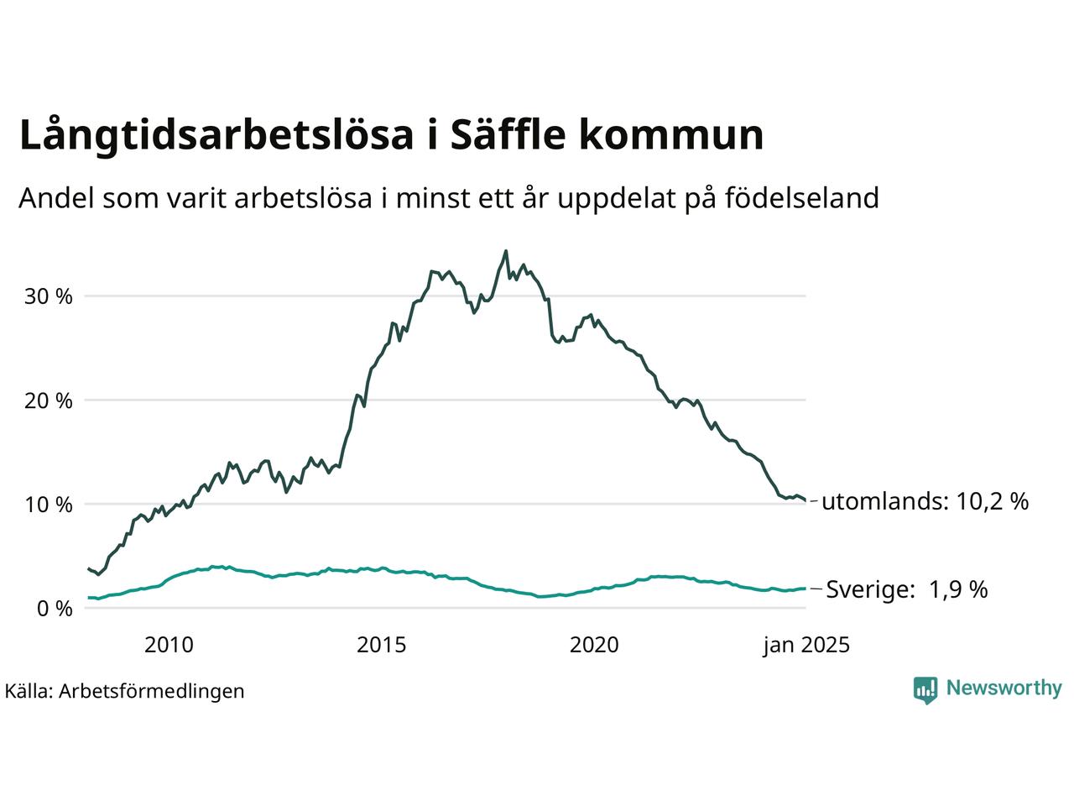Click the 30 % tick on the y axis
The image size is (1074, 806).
pos(53,296)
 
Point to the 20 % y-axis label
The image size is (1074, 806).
pos(53,400)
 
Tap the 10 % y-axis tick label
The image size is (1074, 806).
pos(53,505)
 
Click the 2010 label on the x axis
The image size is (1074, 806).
pos(169,645)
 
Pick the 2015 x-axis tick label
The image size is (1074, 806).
pos(381,645)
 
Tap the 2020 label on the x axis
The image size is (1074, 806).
pos(594,645)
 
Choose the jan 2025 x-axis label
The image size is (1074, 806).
pos(806,645)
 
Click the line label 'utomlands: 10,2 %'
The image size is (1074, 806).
pos(925,502)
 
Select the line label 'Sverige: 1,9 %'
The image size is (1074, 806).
pos(907,589)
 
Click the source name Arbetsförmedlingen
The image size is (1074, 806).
pos(152,691)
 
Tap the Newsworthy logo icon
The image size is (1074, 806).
pos(925,689)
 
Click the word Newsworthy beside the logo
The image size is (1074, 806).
pos(1004,688)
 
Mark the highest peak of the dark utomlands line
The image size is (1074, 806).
pos(505,250)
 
